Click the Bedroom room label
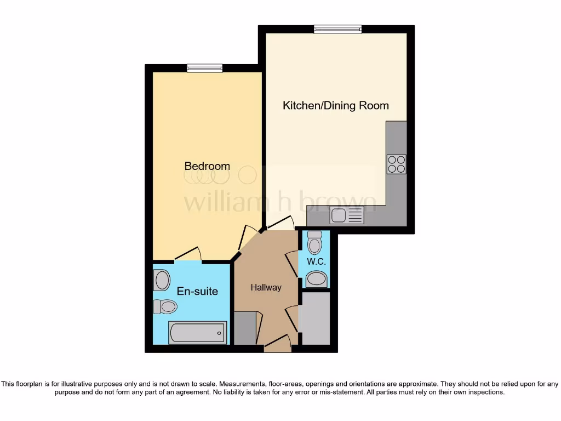207,166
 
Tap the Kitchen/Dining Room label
335,105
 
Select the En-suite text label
197,291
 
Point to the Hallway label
266,287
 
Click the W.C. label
316,262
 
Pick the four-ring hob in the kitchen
396,164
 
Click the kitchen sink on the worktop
347,217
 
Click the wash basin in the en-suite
162,281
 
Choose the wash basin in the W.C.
316,280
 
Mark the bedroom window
204,69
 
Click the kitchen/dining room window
337,29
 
